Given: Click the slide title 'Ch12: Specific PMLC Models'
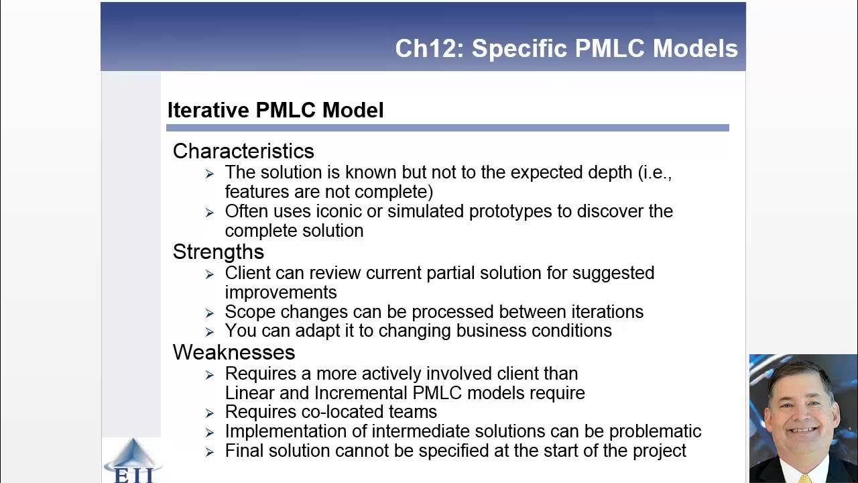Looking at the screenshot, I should coord(566,48).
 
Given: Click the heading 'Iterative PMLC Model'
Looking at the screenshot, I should coord(275,110).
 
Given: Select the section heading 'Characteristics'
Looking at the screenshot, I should coord(243,151).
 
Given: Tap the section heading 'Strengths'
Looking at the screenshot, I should coord(219,252).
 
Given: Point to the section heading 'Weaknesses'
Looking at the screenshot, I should coord(234,352).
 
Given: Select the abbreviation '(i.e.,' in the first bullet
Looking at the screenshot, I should coord(655,172).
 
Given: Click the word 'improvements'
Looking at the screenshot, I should coord(281,292).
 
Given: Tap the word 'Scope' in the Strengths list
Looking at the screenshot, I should coord(250,312).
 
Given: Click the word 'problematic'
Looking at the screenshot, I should coord(650,431).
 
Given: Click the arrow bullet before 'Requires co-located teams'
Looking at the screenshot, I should coord(210,413).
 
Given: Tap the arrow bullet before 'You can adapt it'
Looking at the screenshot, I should coord(210,331).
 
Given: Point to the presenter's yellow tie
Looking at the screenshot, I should coord(805,478).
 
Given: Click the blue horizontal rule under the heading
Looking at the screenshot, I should coord(447,127).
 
